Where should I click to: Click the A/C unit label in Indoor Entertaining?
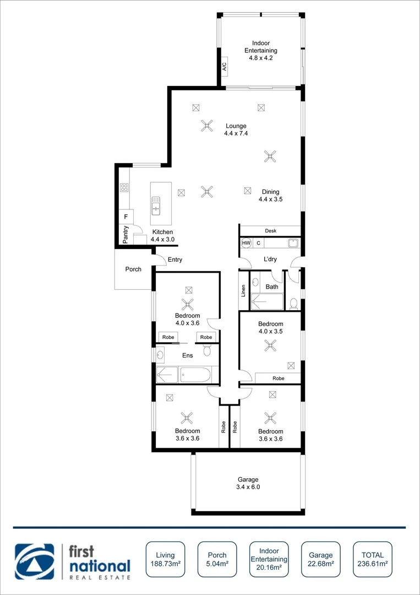coord(224,67)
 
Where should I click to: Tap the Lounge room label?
coord(235,129)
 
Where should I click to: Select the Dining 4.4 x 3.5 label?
coord(270,196)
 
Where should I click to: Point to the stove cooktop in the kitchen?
coord(124,187)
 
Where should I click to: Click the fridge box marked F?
coord(126,217)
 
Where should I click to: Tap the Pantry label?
coord(126,235)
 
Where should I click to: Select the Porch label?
coord(133,269)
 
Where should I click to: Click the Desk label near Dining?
coord(270,231)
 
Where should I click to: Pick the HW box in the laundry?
coord(246,243)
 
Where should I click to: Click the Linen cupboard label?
coord(243,290)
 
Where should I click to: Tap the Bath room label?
coord(272,286)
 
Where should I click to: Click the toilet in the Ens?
coord(208,350)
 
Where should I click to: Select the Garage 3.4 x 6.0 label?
coord(248,483)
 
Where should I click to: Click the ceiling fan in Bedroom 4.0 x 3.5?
coord(270,345)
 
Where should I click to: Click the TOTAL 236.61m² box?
coord(373,559)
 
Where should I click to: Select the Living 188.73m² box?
coord(165,559)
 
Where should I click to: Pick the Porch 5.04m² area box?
coord(216,559)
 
